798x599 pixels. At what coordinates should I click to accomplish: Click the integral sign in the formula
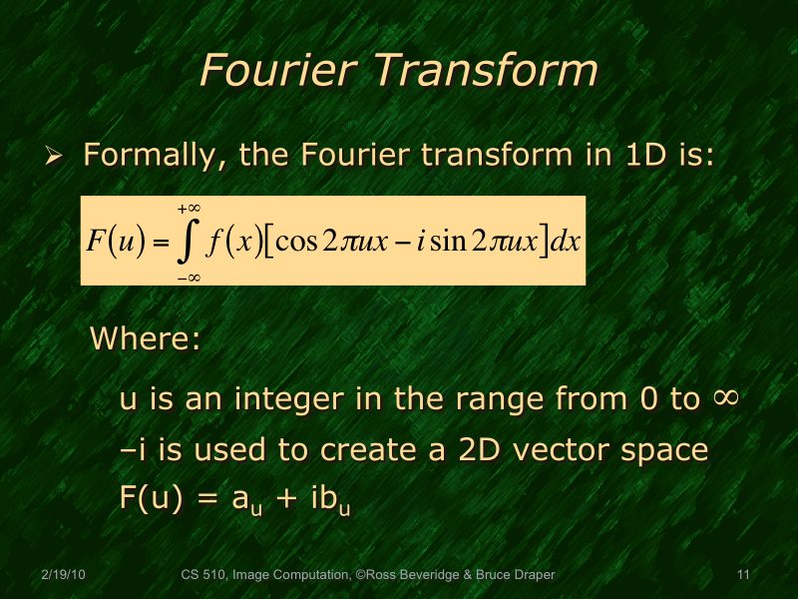click(188, 242)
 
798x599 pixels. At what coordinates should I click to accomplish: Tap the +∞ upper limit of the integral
click(189, 209)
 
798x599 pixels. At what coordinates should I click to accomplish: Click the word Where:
click(147, 338)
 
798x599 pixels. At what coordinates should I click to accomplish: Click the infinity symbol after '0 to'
click(725, 398)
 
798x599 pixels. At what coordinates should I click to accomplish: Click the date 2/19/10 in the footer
click(62, 575)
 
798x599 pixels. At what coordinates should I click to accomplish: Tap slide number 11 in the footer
click(742, 575)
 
